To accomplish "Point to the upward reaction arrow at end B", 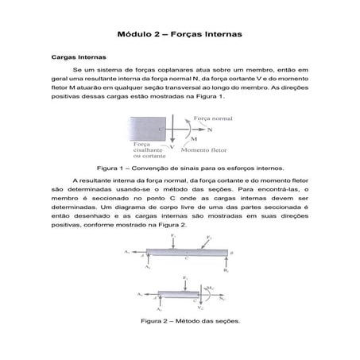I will pyautogui.click(x=226, y=262).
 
